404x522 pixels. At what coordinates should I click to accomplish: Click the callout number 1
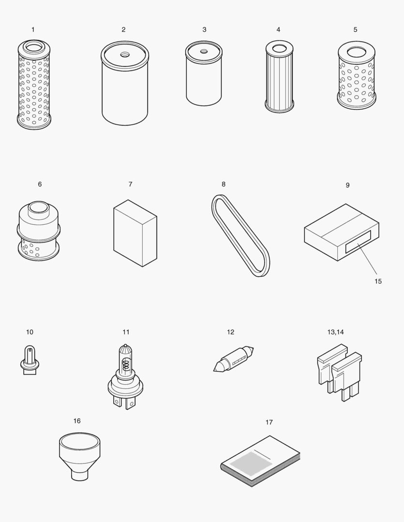(x=33, y=29)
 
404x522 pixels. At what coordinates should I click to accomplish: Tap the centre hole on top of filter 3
(x=204, y=51)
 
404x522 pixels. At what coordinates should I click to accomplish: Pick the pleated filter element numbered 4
(x=279, y=80)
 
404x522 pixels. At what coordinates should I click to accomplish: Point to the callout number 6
(x=40, y=184)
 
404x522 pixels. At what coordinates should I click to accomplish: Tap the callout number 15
(x=378, y=281)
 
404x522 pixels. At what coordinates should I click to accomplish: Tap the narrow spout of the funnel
(x=79, y=475)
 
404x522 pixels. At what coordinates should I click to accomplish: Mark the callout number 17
(x=269, y=422)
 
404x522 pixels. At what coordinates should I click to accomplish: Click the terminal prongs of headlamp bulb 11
(x=123, y=402)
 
